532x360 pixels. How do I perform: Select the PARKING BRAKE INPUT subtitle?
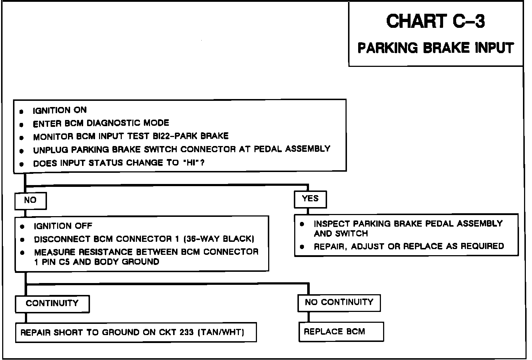[x=436, y=48]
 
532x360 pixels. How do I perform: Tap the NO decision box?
[x=30, y=200]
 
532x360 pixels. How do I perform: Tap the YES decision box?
[x=310, y=199]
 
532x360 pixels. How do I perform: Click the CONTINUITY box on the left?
[x=52, y=303]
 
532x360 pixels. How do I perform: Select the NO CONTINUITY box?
[x=339, y=302]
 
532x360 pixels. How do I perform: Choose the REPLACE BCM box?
[x=334, y=332]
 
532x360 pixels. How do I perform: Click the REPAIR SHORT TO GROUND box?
[x=136, y=333]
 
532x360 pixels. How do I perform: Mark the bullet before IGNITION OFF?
[x=22, y=227]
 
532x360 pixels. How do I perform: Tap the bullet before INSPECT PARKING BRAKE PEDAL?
[x=303, y=224]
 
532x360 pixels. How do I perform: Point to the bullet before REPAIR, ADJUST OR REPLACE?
[x=303, y=247]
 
